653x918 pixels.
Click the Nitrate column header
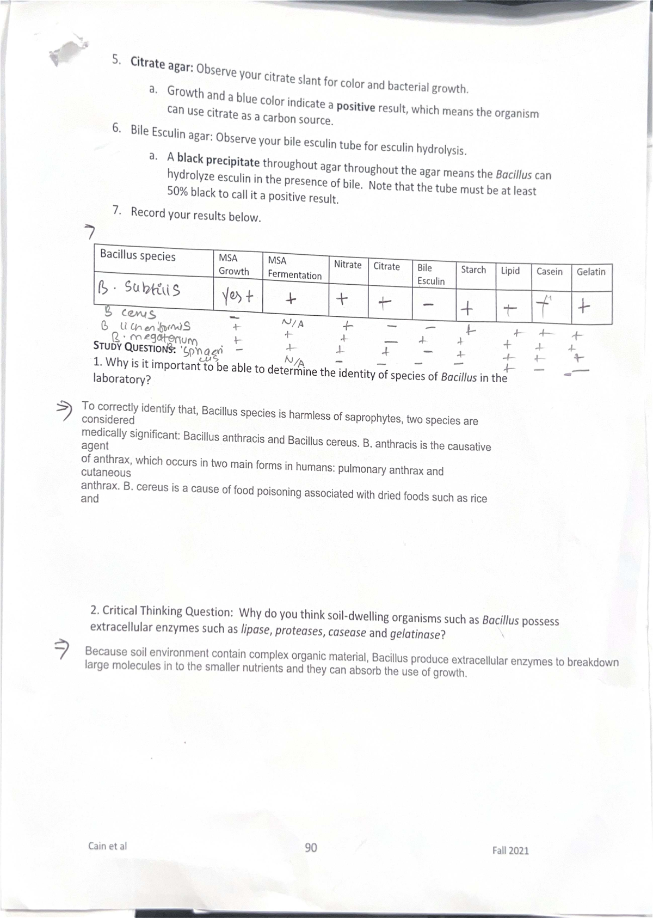click(x=348, y=265)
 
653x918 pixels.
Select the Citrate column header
click(x=386, y=266)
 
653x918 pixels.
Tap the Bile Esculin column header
click(x=430, y=274)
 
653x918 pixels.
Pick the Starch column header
click(x=473, y=270)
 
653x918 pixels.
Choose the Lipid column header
click(x=510, y=271)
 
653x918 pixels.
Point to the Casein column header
click(x=549, y=271)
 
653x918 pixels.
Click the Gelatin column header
click(x=591, y=272)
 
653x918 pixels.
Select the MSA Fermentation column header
click(x=294, y=268)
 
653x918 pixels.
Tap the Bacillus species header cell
click(x=138, y=256)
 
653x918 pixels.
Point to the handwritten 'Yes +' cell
click(x=238, y=297)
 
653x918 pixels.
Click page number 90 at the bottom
click(x=311, y=848)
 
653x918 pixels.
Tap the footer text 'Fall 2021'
click(x=510, y=850)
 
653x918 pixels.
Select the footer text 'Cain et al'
click(x=107, y=846)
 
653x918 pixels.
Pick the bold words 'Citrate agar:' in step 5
click(x=162, y=64)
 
